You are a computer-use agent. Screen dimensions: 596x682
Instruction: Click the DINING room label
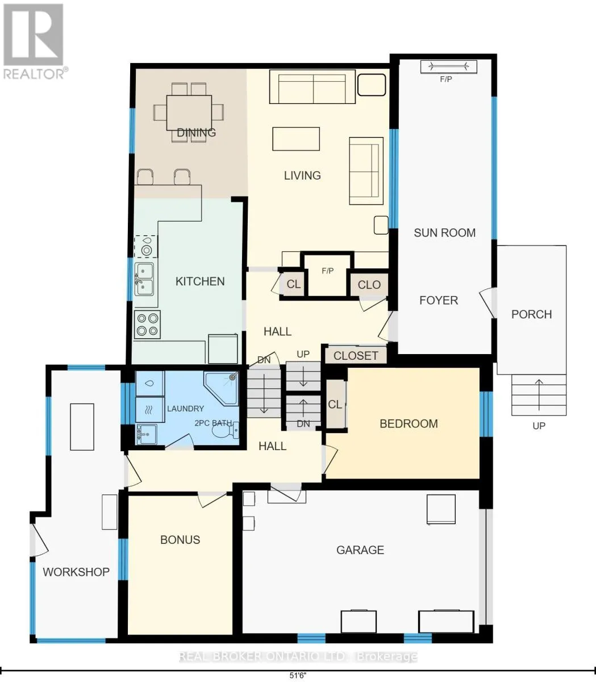[196, 132]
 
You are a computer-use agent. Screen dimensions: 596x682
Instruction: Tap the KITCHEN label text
[200, 281]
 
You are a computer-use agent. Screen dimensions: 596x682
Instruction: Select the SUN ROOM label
[445, 232]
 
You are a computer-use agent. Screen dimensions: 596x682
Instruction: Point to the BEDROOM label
[409, 423]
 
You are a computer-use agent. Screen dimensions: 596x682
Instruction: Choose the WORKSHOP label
[76, 572]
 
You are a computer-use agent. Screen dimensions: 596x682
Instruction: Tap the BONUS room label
[180, 540]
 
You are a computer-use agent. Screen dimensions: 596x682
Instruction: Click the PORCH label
[531, 314]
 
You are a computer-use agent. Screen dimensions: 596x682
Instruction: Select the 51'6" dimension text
[298, 676]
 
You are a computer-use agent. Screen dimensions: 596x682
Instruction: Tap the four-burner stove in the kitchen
[147, 325]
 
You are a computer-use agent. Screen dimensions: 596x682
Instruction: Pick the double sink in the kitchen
[144, 279]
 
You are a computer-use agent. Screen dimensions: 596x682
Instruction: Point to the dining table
[189, 113]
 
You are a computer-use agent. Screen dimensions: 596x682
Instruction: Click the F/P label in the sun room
[446, 80]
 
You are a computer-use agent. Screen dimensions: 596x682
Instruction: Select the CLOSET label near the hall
[356, 356]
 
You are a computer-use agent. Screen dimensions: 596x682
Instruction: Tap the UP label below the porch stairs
[539, 426]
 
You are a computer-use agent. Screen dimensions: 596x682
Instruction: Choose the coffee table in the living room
[296, 139]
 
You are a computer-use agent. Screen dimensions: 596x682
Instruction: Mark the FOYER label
[439, 300]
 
